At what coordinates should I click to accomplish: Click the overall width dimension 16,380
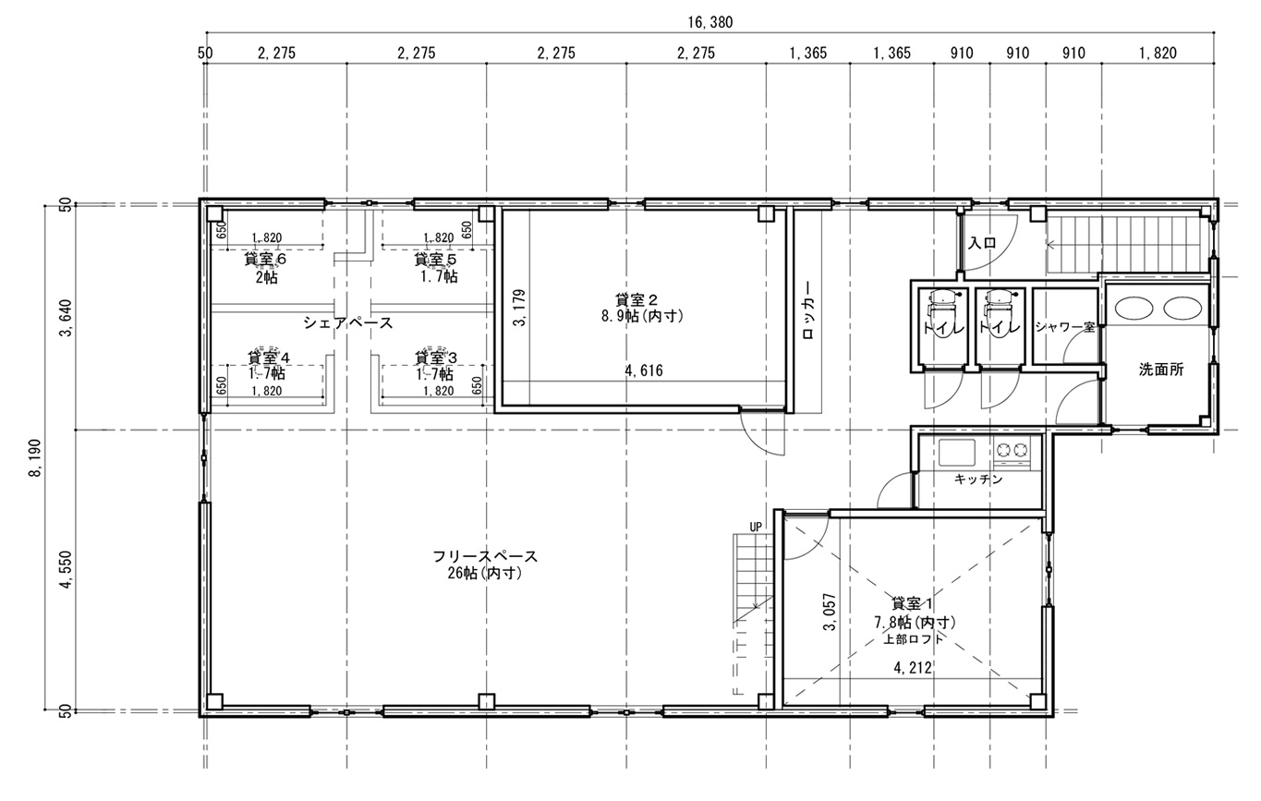click(709, 22)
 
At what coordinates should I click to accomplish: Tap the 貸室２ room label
click(637, 299)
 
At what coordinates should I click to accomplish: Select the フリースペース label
click(485, 557)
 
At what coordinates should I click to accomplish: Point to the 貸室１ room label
click(912, 604)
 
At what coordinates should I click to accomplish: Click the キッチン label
click(979, 479)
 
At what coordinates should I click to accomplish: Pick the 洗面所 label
click(1161, 370)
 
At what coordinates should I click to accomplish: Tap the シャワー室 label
click(1065, 327)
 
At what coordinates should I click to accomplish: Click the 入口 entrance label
click(982, 243)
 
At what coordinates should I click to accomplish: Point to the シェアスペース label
click(348, 323)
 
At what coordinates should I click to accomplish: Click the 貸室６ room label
click(265, 260)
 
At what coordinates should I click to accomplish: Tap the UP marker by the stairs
click(756, 528)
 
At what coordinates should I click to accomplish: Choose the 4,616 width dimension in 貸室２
click(644, 371)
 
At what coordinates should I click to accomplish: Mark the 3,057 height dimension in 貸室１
click(830, 612)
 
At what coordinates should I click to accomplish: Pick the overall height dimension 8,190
click(35, 457)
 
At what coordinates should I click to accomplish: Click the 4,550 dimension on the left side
click(67, 570)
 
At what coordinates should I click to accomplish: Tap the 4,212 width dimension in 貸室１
click(913, 668)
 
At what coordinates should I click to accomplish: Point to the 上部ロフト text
click(913, 639)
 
